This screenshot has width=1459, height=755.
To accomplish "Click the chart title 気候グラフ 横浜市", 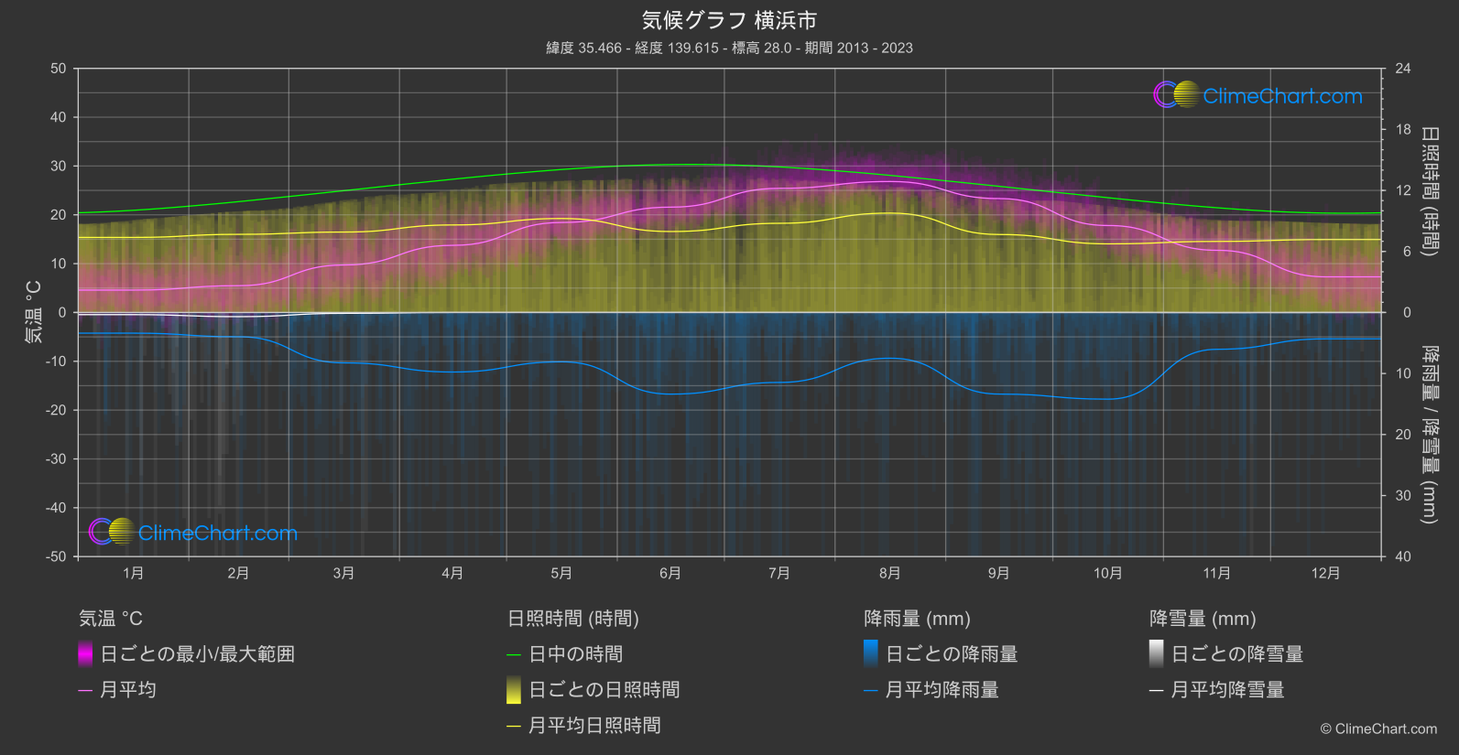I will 729,20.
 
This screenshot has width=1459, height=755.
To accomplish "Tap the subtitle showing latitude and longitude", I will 729,48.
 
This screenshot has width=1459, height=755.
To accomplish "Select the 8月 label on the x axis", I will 889,573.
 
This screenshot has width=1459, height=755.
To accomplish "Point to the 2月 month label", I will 238,573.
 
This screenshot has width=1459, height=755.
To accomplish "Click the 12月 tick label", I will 1325,573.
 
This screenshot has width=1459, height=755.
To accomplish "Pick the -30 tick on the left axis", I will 57,459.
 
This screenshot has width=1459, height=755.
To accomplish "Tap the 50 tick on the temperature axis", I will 59,69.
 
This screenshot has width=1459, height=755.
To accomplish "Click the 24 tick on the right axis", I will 1402,69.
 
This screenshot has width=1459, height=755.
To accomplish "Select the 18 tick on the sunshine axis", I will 1402,130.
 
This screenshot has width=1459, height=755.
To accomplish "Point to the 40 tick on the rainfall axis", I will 1402,556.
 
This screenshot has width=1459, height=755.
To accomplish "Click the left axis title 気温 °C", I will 33,312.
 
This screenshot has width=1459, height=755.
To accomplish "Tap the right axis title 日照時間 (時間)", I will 1429,190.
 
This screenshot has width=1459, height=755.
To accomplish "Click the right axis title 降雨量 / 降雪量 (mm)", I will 1429,435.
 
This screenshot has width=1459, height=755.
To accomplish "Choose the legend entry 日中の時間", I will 575,654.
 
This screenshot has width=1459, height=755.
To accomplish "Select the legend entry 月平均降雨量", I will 942,690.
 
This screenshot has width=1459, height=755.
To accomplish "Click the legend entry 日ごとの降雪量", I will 1236,654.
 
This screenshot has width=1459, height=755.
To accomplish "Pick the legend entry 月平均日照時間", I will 594,726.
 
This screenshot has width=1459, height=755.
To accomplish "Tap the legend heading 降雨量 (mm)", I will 917,619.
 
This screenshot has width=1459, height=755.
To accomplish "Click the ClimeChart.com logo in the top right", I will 1258,95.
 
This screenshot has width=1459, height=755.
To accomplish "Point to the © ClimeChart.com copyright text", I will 1378,729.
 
